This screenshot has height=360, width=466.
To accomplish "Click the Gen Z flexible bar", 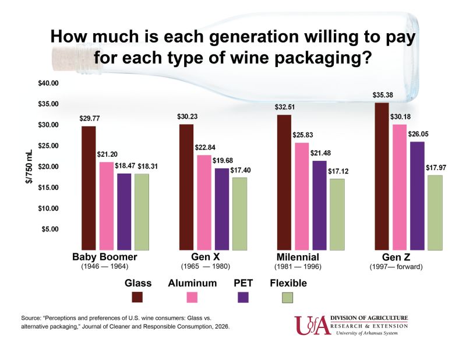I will point(435,212).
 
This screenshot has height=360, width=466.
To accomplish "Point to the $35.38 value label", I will point(382,96).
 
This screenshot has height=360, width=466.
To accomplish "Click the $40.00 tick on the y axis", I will point(49,83).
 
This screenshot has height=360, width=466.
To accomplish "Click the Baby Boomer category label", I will point(104,257).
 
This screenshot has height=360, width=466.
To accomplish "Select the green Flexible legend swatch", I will point(287,297).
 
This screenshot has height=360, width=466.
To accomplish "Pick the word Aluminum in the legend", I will point(193,283).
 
